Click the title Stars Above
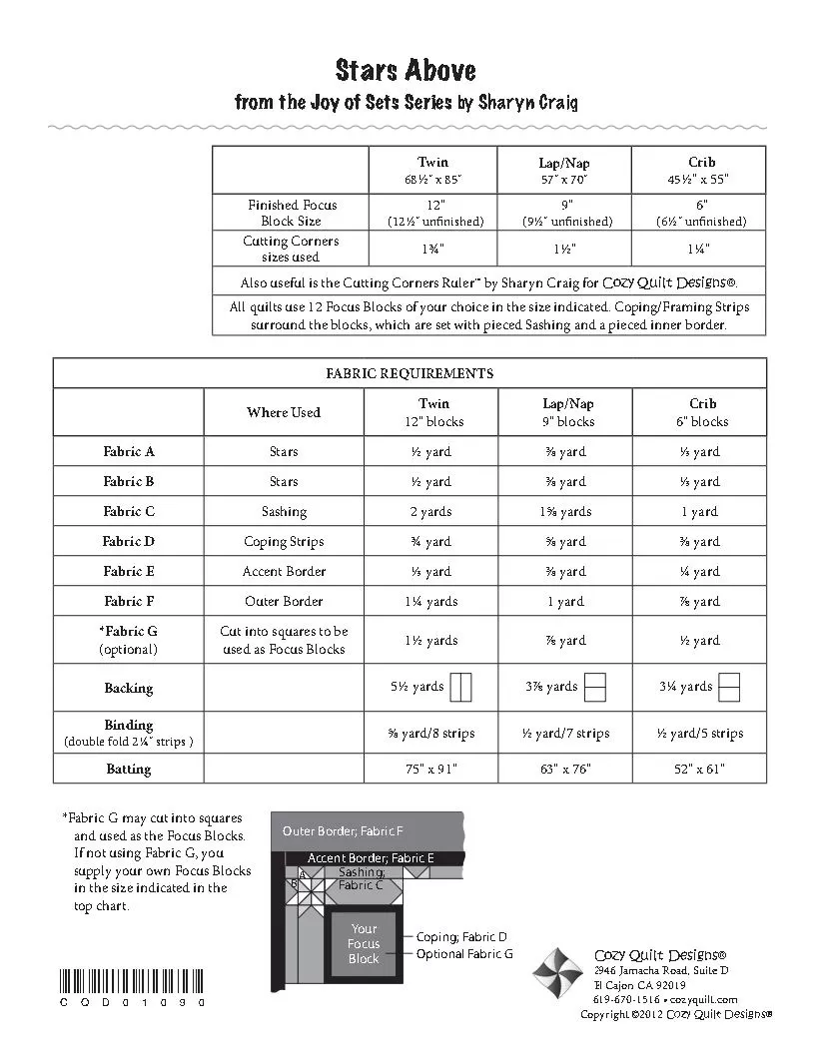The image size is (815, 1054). click(406, 71)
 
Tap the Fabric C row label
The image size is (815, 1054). click(129, 511)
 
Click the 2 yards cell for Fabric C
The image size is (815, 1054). click(432, 511)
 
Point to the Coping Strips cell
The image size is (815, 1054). click(284, 541)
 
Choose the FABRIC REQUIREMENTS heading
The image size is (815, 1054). click(409, 373)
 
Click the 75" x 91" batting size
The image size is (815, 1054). click(432, 769)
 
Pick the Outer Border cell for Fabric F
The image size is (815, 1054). click(284, 601)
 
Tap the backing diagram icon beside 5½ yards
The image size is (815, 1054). click(460, 687)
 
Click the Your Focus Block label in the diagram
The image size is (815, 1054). click(364, 943)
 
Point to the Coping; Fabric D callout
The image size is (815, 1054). click(461, 937)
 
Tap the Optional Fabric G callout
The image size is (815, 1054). click(464, 954)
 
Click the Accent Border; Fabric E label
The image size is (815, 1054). click(370, 857)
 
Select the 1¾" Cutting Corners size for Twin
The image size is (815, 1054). click(433, 248)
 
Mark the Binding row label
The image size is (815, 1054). click(129, 725)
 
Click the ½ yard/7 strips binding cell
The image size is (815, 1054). click(565, 734)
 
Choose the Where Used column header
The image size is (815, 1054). click(284, 412)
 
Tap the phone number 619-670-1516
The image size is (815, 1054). click(625, 999)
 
